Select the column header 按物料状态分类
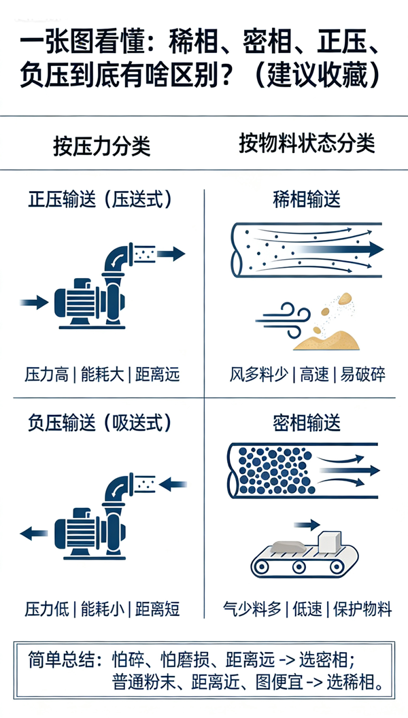click(307, 143)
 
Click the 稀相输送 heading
click(307, 200)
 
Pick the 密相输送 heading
click(307, 423)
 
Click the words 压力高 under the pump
click(46, 375)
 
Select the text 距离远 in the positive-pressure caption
click(158, 375)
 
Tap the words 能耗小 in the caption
click(102, 609)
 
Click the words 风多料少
click(259, 375)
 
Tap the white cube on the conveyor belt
click(330, 542)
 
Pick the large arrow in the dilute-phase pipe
click(339, 250)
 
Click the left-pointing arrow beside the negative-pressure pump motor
click(34, 532)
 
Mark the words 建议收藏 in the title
click(316, 76)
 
